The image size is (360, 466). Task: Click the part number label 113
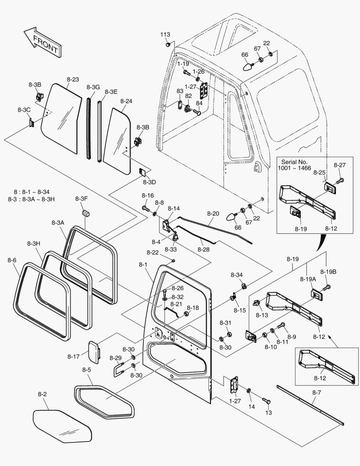pyautogui.click(x=165, y=35)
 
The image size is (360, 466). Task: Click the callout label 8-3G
pyautogui.click(x=93, y=87)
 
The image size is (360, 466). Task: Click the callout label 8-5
pyautogui.click(x=87, y=370)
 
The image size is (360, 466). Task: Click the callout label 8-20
pyautogui.click(x=213, y=214)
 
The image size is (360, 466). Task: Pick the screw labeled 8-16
pyautogui.click(x=146, y=208)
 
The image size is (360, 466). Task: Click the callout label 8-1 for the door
pyautogui.click(x=143, y=264)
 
